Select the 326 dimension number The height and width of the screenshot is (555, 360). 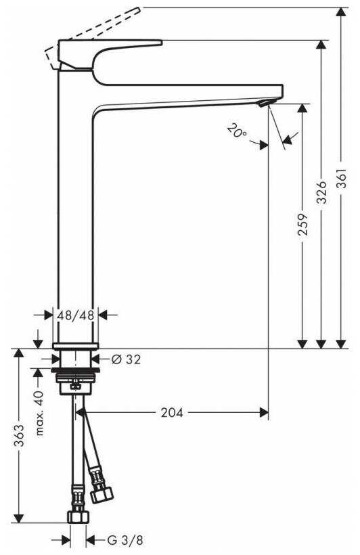coord(321,192)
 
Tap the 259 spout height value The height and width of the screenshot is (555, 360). coord(302,225)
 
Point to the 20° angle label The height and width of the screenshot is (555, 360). coord(237,131)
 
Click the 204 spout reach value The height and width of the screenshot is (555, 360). coord(172,412)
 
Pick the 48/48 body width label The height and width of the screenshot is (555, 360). coord(75,315)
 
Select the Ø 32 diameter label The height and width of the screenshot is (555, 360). coord(126,359)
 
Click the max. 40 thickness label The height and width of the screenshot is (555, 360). coord(39,413)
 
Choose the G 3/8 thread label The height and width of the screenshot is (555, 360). coord(125,540)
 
